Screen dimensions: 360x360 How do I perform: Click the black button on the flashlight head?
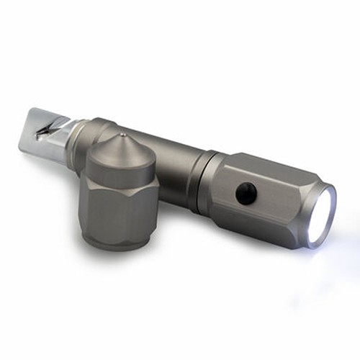tap(246, 192)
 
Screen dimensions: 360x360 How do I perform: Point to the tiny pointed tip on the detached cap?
tap(123, 134)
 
